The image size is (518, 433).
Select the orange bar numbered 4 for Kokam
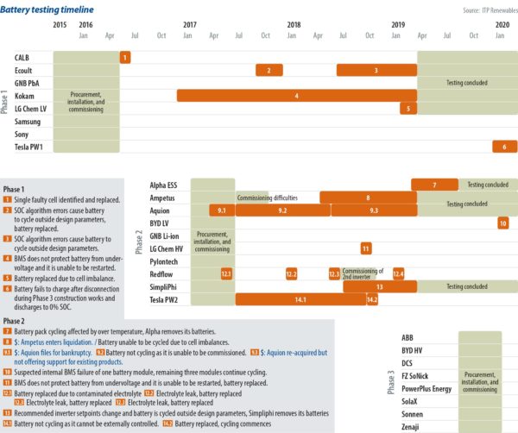point(296,96)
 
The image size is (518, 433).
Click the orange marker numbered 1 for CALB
point(125,57)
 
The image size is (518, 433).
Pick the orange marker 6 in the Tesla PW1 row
point(504,147)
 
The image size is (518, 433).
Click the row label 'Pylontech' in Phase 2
point(165,260)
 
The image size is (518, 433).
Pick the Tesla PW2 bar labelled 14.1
point(300,299)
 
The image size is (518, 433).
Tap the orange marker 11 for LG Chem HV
point(366,248)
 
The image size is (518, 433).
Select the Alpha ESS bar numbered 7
point(434,185)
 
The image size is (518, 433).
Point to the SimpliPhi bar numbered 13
point(380,286)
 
